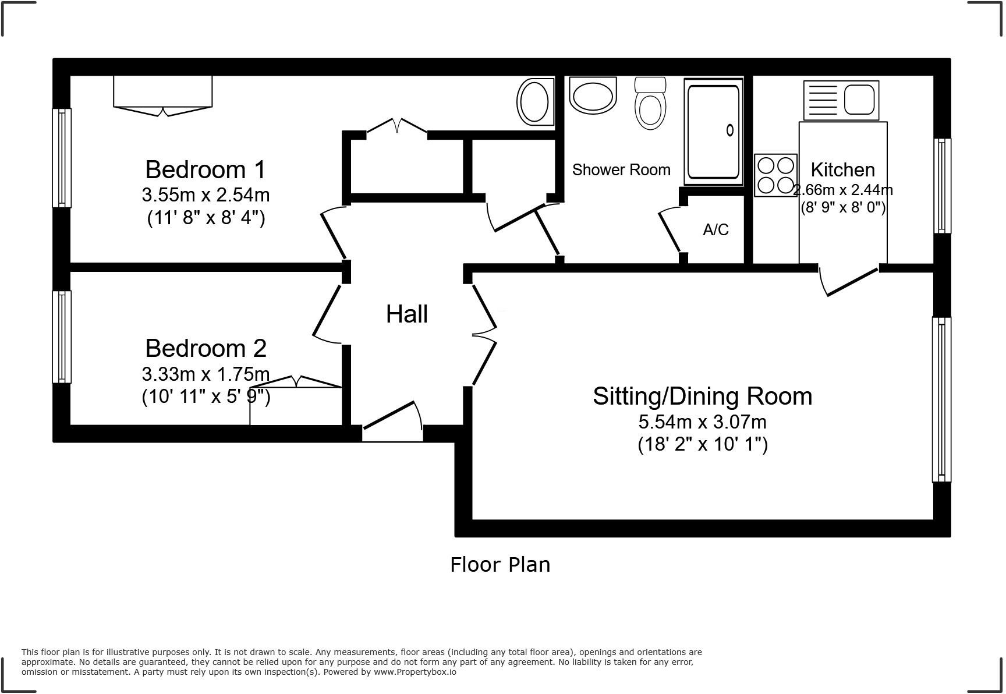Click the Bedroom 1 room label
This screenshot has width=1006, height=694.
coord(206,169)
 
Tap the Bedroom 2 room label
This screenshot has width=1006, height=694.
coord(206,348)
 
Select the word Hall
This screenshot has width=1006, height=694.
coord(407,314)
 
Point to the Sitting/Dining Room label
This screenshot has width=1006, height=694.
coord(702,396)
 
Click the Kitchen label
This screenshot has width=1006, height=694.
coord(842,169)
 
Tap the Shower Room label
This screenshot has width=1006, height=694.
coord(621,170)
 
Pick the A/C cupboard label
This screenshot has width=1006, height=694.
coord(715,230)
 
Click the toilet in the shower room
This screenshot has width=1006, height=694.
coord(650,103)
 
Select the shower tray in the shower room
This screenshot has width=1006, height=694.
coord(714,132)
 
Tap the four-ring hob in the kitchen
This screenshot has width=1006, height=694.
coord(775,175)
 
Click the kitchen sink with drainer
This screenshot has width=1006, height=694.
coord(841,100)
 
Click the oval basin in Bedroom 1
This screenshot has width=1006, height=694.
coord(534,102)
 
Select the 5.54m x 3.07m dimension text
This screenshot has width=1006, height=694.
coord(702,422)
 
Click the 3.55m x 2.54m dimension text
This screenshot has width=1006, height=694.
coord(206,194)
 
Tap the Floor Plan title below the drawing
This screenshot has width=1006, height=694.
coord(500,565)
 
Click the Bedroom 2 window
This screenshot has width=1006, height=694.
coord(62,337)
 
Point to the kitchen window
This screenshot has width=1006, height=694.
coord(943,186)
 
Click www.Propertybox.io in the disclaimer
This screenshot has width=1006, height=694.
coord(415,672)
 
